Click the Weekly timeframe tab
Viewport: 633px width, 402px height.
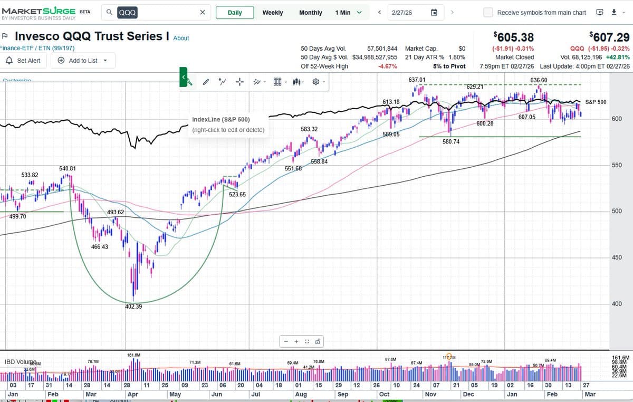click(272, 13)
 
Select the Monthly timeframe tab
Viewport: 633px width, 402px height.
click(310, 13)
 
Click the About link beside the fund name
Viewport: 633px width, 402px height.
click(181, 38)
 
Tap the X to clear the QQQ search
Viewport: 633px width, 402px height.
click(203, 13)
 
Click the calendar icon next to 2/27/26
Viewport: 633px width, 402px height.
click(434, 13)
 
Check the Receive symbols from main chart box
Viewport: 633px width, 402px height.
click(488, 13)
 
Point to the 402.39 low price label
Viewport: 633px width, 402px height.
click(133, 307)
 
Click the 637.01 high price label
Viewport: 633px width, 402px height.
click(417, 80)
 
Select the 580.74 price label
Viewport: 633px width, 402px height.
click(451, 142)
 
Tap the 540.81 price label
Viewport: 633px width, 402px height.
click(68, 169)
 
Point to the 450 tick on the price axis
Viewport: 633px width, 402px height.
click(616, 258)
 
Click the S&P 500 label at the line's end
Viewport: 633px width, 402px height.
click(596, 102)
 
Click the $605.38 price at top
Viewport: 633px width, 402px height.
click(513, 37)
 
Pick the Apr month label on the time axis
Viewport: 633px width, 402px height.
click(132, 394)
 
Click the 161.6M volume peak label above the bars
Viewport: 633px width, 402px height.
click(134, 355)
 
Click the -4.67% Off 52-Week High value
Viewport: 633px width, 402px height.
click(388, 66)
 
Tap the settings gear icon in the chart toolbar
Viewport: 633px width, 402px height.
click(316, 82)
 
